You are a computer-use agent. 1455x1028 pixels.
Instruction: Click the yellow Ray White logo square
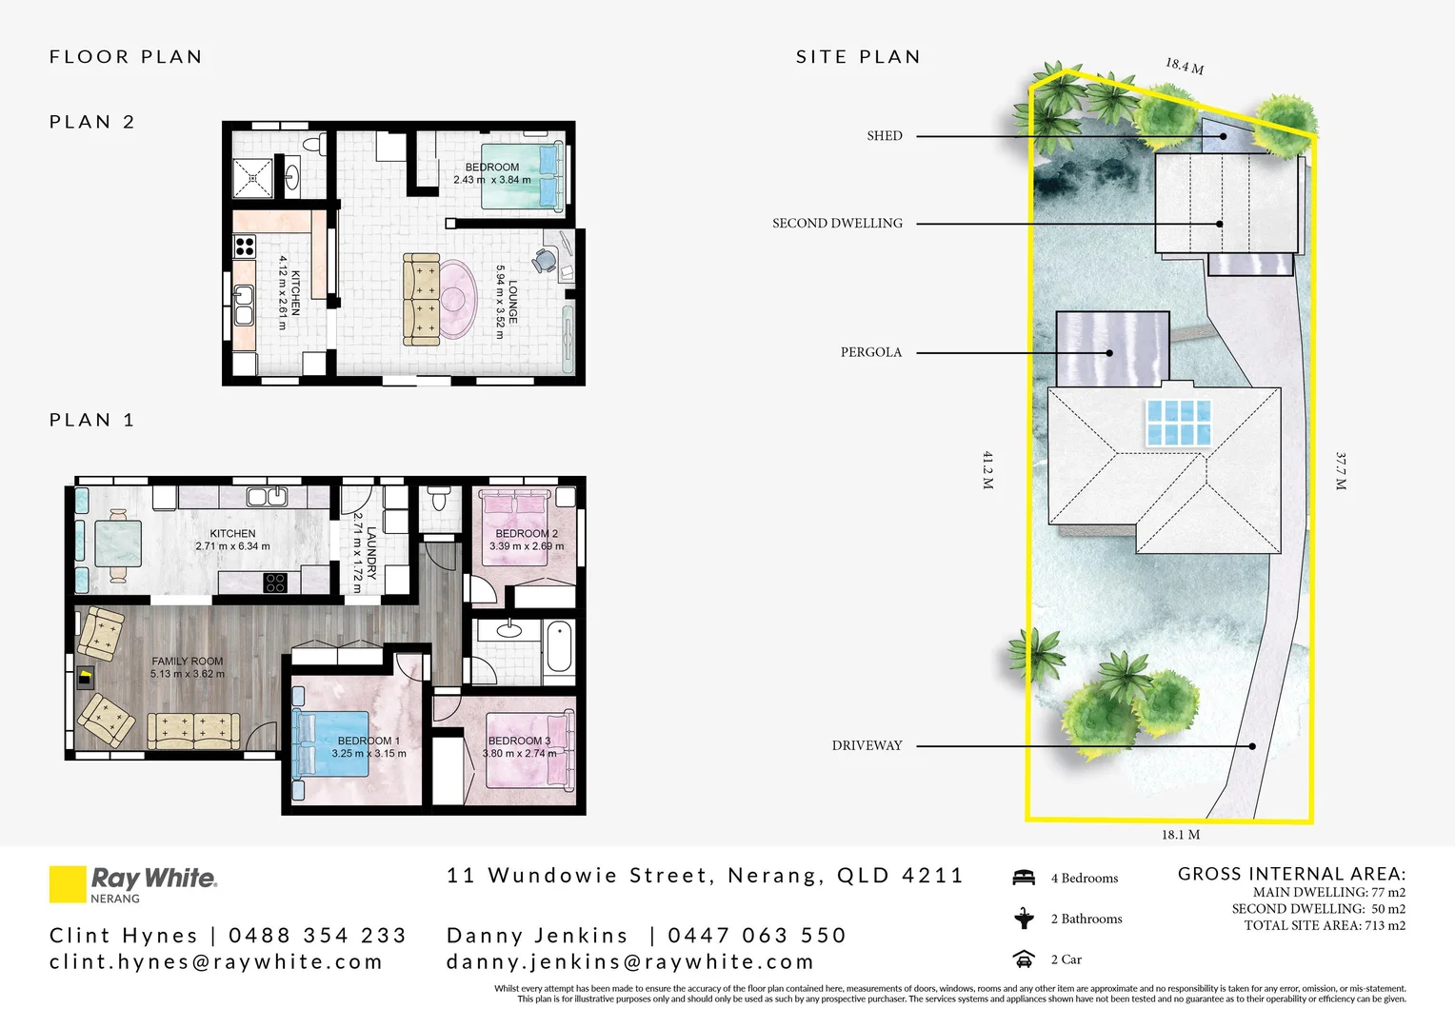coord(68,883)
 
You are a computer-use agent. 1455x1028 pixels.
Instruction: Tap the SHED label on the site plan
coord(884,136)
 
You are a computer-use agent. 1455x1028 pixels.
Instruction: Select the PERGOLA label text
coord(870,352)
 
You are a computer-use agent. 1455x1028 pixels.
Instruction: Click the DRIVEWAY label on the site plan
coord(867,745)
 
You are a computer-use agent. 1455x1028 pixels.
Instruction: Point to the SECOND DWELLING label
coord(837,224)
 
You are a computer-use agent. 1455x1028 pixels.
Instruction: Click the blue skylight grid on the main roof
coord(1179,423)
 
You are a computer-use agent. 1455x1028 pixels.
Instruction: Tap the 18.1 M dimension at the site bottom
coord(1180,835)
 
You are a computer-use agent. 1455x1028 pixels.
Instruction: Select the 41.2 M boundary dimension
coord(988,470)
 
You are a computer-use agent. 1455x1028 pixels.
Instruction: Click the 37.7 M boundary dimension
coord(1341,471)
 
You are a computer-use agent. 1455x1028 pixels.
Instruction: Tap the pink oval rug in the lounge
coord(456,299)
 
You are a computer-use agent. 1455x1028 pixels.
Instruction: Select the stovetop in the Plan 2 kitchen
coord(245,247)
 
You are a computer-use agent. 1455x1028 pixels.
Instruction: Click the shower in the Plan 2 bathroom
coord(253,177)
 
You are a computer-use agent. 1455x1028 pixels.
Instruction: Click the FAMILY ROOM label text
coord(188,661)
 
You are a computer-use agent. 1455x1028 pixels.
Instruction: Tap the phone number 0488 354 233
coord(317,936)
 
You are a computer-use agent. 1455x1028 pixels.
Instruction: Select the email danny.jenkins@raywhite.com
coord(630,962)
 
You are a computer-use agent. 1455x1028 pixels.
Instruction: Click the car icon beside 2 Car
coord(1024,959)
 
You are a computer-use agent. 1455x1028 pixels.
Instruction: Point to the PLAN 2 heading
coord(92,122)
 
